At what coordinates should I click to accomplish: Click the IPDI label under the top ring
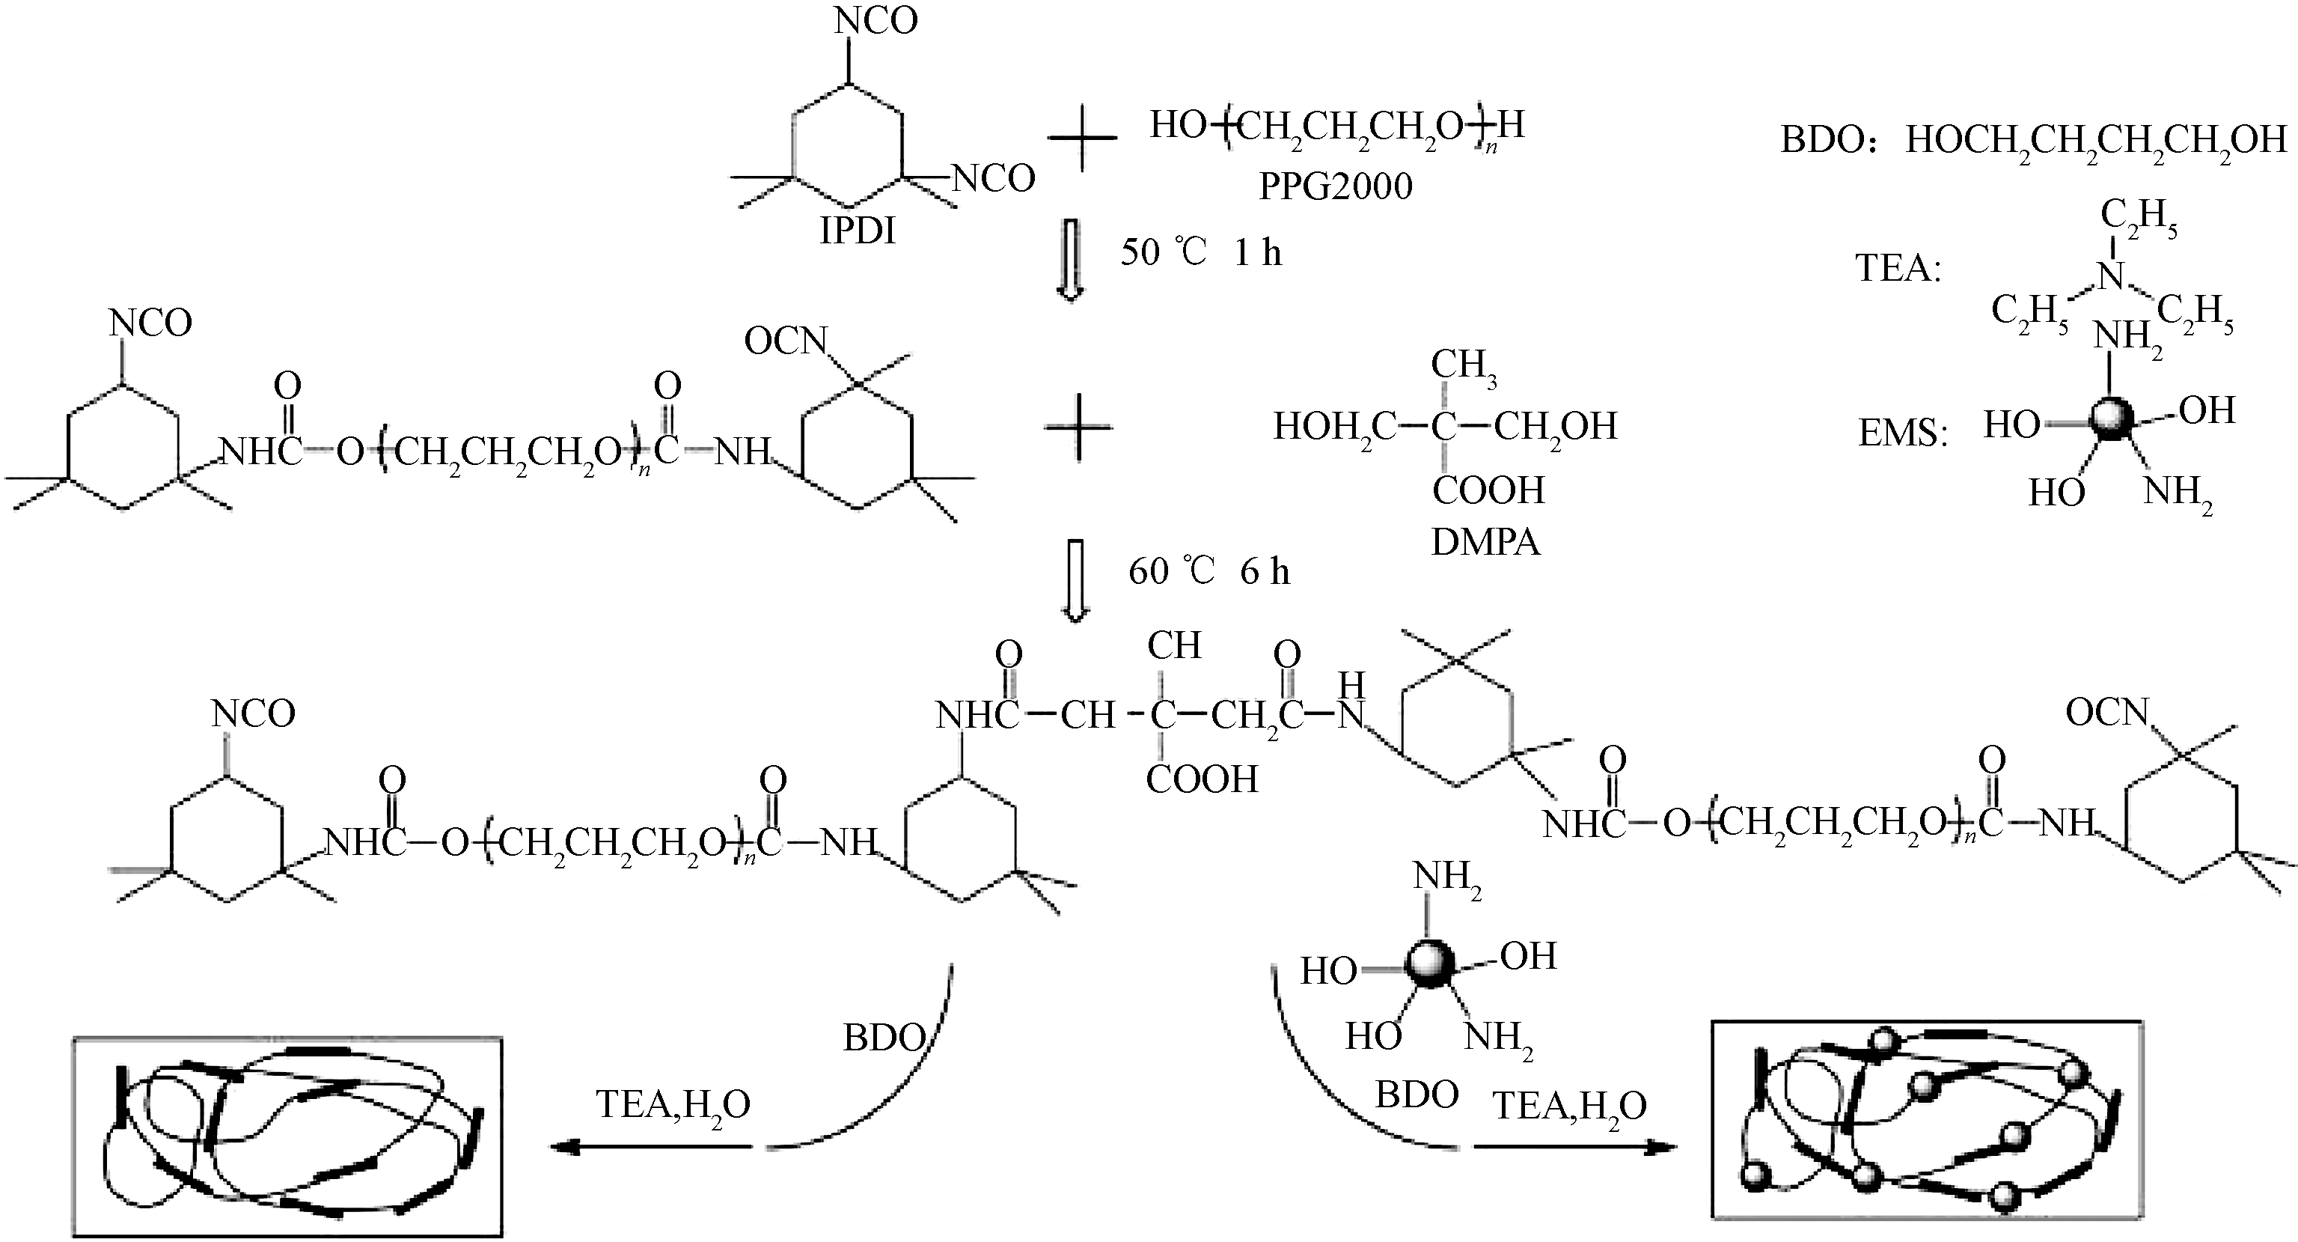(858, 231)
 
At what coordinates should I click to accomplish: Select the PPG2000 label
(1336, 186)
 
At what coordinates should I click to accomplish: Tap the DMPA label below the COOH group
(1485, 541)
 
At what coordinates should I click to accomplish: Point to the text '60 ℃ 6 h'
(1208, 571)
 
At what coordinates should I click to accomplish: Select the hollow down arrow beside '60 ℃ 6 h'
(1075, 579)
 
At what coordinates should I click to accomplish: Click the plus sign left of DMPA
(1078, 427)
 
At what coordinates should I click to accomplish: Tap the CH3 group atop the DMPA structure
(1464, 366)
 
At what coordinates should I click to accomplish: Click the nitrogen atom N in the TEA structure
(2111, 276)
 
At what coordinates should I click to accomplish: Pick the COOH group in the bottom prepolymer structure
(1202, 779)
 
